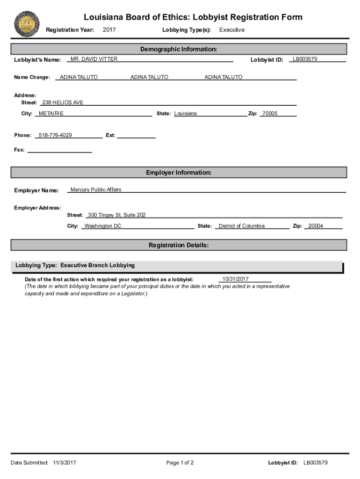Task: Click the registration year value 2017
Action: (x=109, y=30)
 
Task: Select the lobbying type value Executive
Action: (x=232, y=30)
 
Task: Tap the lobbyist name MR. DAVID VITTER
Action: (x=94, y=59)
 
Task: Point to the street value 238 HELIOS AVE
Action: (x=63, y=102)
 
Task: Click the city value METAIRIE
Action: (x=51, y=114)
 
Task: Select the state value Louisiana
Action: (x=186, y=114)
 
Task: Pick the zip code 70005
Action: (x=270, y=114)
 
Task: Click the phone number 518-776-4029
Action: (x=55, y=135)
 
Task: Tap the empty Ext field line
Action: (x=136, y=136)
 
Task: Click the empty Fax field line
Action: (x=60, y=151)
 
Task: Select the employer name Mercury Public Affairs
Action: (x=96, y=189)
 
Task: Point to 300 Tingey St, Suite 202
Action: (x=117, y=215)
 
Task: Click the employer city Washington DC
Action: (x=103, y=226)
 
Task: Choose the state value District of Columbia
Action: (x=242, y=226)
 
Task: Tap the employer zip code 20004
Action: (x=316, y=226)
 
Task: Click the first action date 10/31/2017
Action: (x=236, y=279)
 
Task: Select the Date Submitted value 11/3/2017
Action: (x=65, y=463)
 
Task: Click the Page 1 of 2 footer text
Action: (x=180, y=463)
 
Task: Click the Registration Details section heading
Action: (x=179, y=245)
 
